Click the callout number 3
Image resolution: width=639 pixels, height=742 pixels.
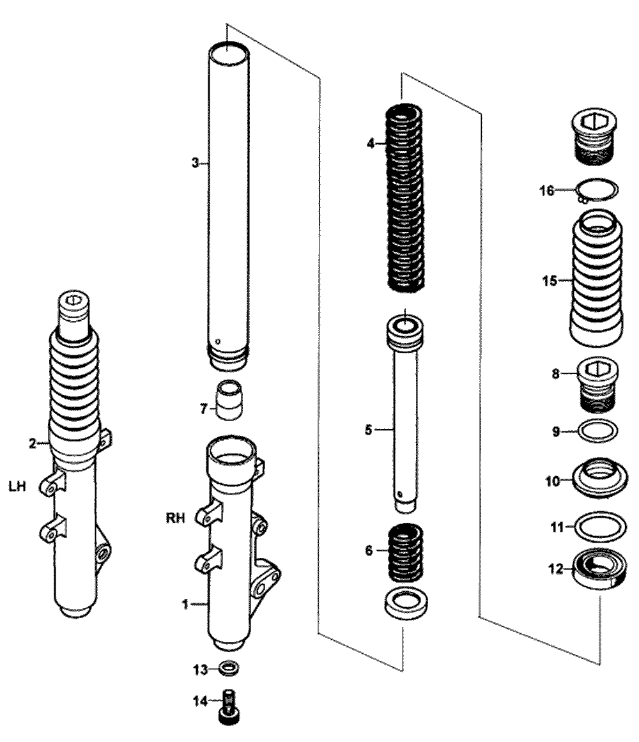coord(195,164)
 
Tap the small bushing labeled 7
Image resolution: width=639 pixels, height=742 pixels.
coord(229,399)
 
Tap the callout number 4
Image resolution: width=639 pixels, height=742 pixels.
coord(370,144)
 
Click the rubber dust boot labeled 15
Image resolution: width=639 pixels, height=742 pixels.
coord(596,281)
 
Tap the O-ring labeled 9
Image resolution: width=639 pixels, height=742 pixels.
coord(598,431)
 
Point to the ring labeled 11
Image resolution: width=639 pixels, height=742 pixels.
coord(598,527)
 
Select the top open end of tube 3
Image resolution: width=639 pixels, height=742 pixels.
coord(227,50)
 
